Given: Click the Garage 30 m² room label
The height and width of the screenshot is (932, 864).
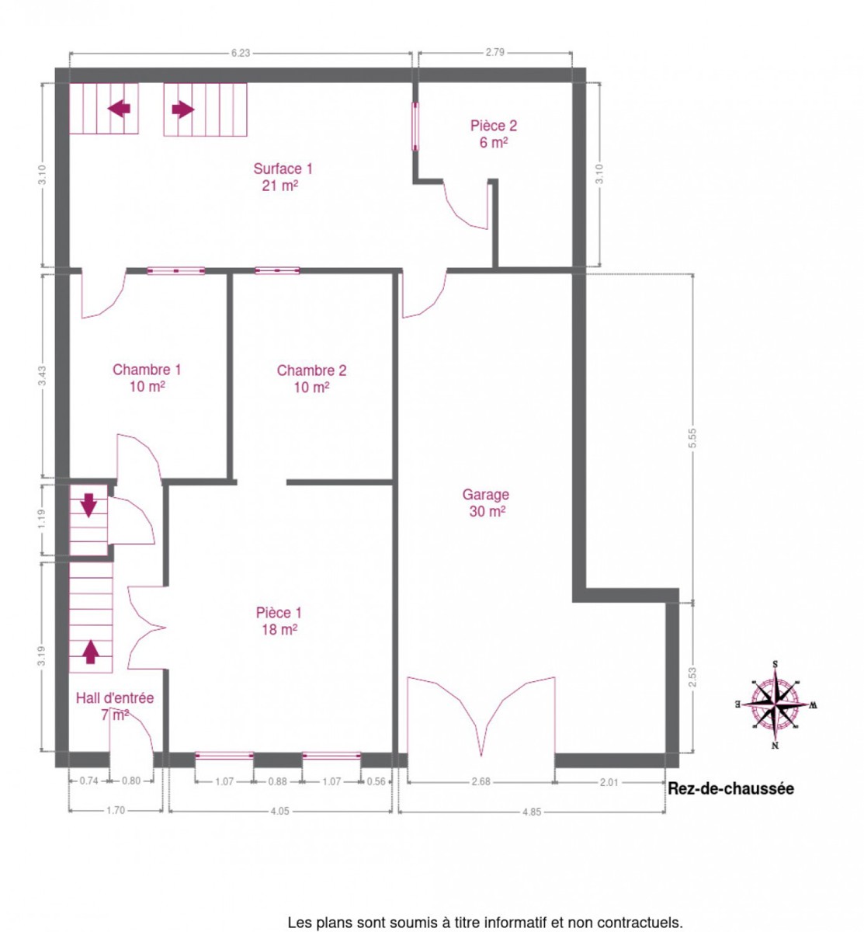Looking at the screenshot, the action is (x=485, y=503).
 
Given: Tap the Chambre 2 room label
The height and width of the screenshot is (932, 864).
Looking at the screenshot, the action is (x=311, y=379).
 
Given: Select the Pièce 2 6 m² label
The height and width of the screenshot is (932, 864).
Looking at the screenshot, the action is (x=494, y=134).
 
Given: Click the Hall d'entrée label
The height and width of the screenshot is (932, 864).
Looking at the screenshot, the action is (x=115, y=697).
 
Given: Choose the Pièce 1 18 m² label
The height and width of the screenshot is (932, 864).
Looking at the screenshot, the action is (x=279, y=621).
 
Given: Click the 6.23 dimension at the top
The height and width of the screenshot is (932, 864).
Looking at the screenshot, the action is (x=240, y=53).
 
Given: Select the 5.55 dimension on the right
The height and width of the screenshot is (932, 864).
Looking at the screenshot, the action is (x=692, y=438).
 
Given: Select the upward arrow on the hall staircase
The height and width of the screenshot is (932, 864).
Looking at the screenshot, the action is (x=91, y=652).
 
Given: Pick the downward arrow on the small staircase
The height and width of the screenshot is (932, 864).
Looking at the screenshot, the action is (x=88, y=506).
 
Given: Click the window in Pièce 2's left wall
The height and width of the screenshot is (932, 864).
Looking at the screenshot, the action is (x=415, y=127).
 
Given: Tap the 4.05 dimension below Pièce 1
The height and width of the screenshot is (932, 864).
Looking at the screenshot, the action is (x=279, y=812).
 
